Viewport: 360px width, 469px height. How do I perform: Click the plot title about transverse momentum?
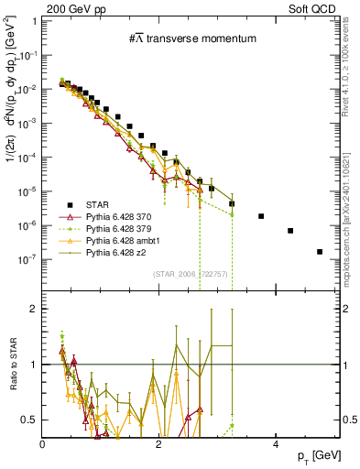coord(192,38)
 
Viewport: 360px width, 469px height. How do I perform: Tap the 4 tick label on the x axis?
coord(275,443)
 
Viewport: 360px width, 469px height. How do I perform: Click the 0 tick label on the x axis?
coord(42,443)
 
